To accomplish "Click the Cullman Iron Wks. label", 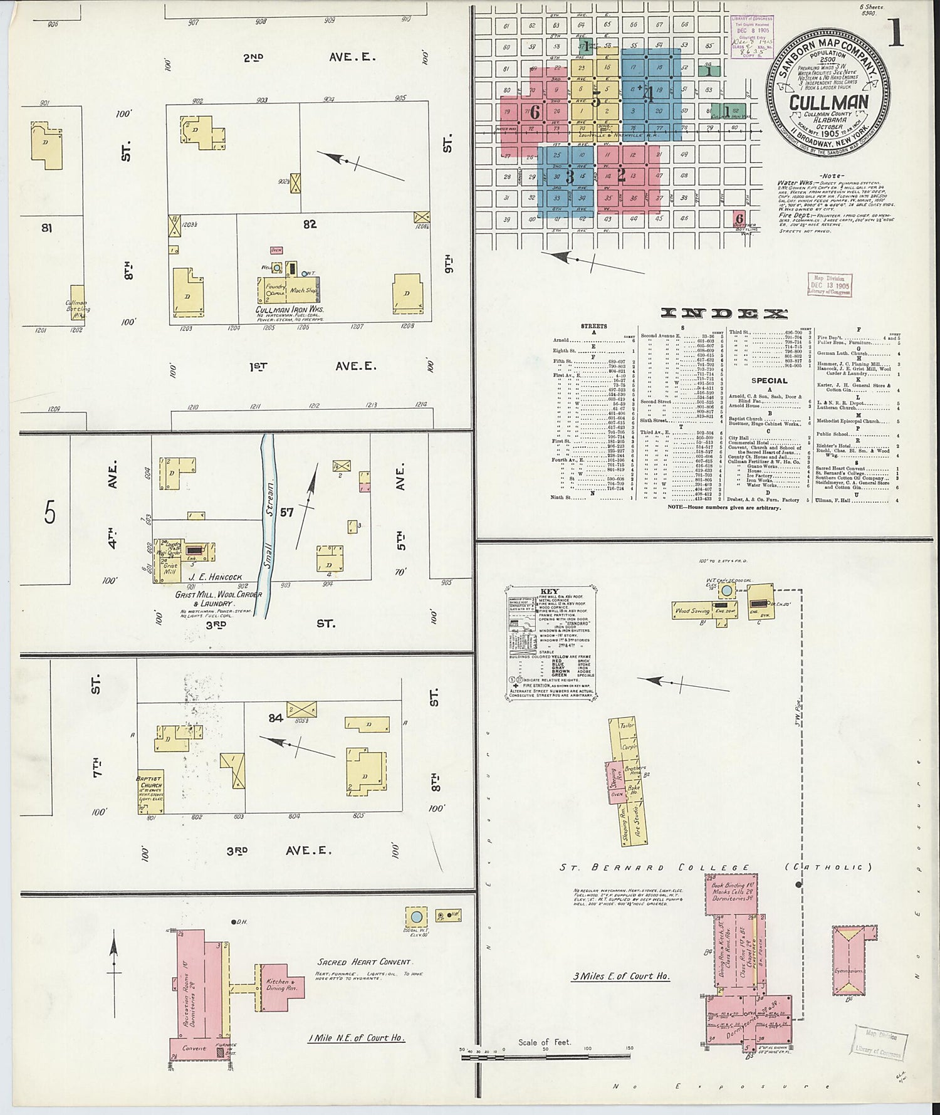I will pos(289,310).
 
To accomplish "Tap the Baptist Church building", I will pos(150,792).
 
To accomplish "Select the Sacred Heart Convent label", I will pos(363,962).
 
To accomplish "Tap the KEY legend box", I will pos(551,642).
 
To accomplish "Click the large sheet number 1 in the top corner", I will pos(896,32).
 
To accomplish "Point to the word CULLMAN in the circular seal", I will pos(828,102).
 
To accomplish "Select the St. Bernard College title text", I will pos(654,868).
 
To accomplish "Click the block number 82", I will pos(310,224).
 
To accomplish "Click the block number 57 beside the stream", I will pos(287,512).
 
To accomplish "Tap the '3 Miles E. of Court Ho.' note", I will pos(621,976).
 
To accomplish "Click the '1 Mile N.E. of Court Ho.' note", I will pos(356,1038).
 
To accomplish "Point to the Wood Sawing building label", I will pos(692,610).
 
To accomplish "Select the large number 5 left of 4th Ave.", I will pos(50,513).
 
